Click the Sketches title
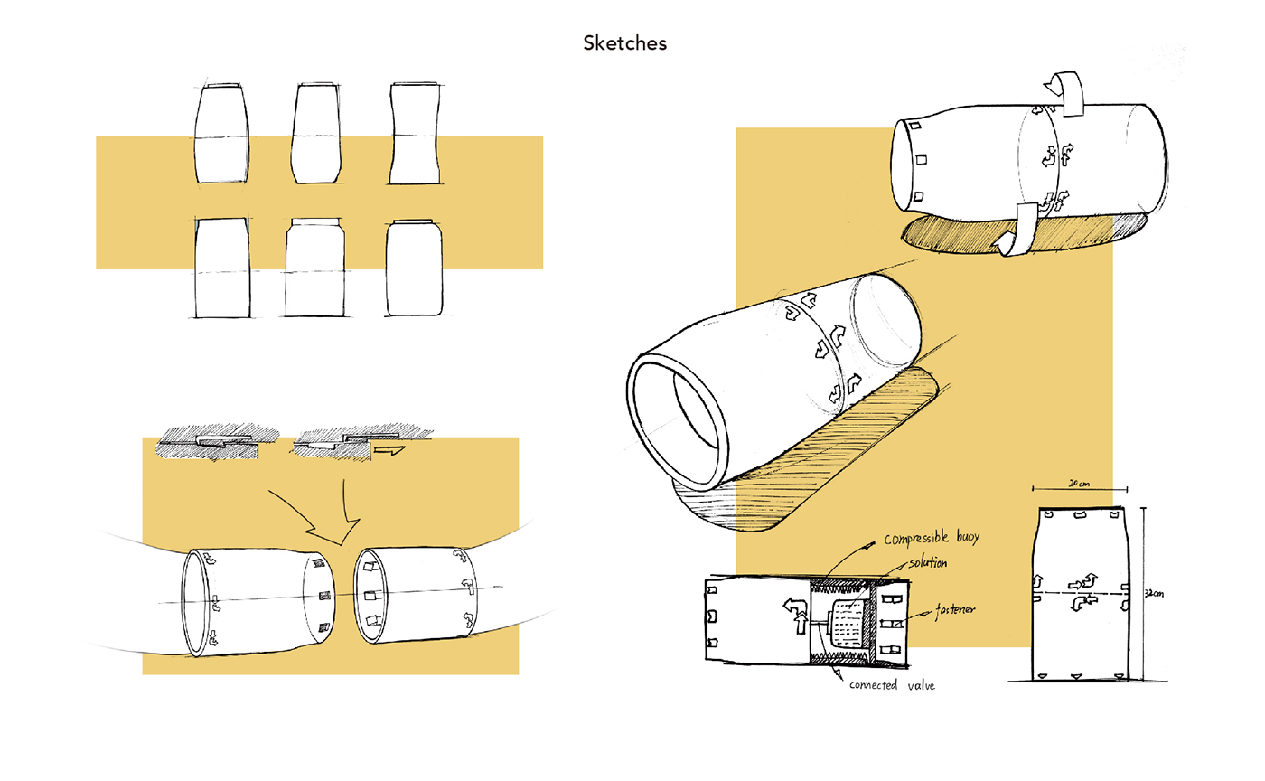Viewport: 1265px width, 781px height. (625, 42)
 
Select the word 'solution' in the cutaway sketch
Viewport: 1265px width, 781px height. (922, 563)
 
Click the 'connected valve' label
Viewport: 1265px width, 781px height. (893, 685)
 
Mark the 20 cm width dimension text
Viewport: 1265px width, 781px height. (1078, 484)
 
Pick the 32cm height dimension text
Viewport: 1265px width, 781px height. (1152, 595)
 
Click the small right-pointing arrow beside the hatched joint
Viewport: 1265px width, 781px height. (390, 446)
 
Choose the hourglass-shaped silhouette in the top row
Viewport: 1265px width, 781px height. (415, 134)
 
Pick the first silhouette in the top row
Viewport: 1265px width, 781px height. (221, 134)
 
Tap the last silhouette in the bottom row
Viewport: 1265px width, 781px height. (414, 268)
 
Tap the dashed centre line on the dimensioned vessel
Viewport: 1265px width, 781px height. (1079, 593)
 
